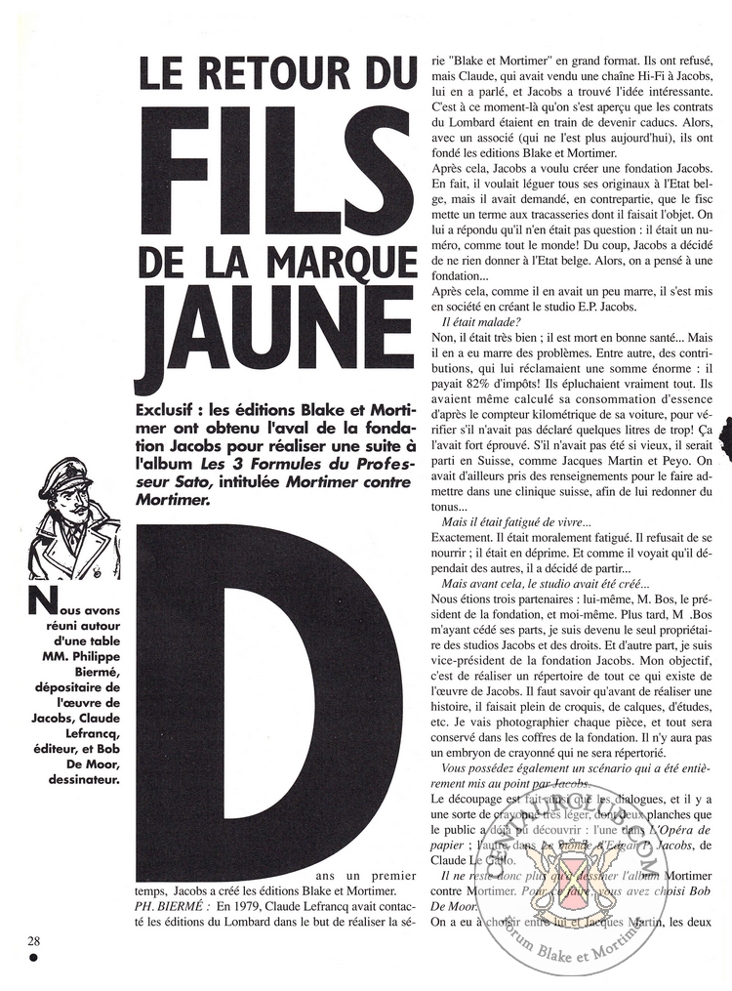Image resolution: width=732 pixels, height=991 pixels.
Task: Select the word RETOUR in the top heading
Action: [x=282, y=75]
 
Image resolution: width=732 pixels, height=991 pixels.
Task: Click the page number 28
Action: [x=34, y=940]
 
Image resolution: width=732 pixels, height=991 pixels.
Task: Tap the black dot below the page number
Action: [x=33, y=959]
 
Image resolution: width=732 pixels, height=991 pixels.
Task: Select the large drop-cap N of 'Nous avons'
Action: [x=39, y=599]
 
